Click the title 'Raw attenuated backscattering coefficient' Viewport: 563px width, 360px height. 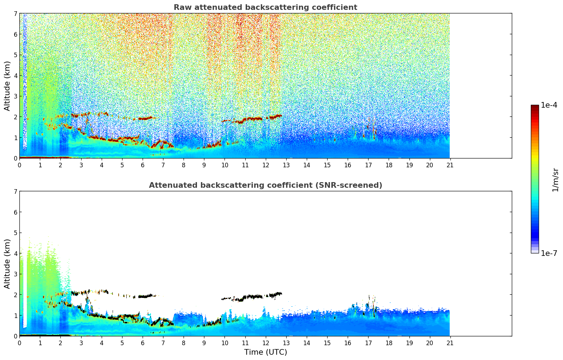tap(265, 7)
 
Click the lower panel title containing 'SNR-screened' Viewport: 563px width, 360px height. tap(265, 185)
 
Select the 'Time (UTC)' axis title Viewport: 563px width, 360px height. tap(265, 352)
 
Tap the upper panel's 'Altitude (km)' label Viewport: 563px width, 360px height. tap(7, 86)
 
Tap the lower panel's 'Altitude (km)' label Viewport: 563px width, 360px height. tap(7, 264)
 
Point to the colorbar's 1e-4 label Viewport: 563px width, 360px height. tap(549, 105)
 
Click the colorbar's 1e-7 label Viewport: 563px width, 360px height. tap(549, 253)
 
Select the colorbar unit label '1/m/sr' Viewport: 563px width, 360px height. tap(555, 180)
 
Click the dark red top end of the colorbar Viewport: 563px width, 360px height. tap(535, 107)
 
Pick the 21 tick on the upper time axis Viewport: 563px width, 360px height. tap(450, 165)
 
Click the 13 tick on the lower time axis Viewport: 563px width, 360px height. tap(286, 343)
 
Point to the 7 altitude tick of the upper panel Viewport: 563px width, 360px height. tap(15, 13)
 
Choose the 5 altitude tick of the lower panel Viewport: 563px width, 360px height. tap(15, 233)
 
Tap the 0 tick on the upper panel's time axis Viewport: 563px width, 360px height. tap(19, 165)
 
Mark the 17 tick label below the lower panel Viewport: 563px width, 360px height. tap(368, 343)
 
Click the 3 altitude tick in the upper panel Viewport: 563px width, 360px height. tap(15, 96)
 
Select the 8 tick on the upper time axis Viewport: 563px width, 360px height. tap(184, 165)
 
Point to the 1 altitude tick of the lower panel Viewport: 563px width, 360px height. tap(15, 316)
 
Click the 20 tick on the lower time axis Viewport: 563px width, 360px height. tap(430, 343)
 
